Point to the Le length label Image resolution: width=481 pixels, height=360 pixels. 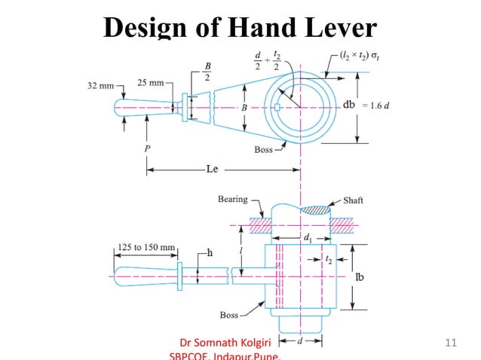click(212, 169)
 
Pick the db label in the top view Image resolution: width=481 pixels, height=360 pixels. click(349, 104)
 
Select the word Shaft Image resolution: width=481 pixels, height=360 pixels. click(353, 200)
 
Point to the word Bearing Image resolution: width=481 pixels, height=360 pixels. click(232, 199)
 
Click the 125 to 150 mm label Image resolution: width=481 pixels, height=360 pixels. click(147, 247)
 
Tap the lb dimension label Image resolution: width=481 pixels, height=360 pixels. click(362, 276)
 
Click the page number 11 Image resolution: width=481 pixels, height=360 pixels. click(452, 344)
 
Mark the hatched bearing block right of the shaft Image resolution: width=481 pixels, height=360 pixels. click(342, 225)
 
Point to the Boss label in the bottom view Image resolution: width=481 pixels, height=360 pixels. click(229, 314)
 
